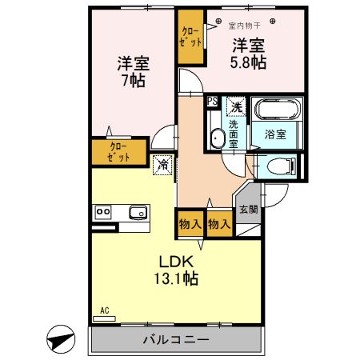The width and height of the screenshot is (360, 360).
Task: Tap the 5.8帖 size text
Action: click(250, 62)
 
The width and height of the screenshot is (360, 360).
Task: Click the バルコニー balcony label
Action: click(175, 340)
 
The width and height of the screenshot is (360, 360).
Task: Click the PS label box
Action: click(212, 102)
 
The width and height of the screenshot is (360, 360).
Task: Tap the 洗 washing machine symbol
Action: click(235, 106)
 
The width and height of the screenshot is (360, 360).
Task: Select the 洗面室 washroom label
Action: click(234, 133)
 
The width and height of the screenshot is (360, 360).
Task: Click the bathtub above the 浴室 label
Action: click(276, 109)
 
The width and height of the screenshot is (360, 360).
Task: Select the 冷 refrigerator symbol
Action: click(162, 166)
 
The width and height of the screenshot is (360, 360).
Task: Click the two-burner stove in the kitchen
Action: click(103, 212)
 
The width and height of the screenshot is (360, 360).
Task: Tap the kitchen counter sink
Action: click(138, 212)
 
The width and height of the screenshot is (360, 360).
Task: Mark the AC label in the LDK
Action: click(104, 310)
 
